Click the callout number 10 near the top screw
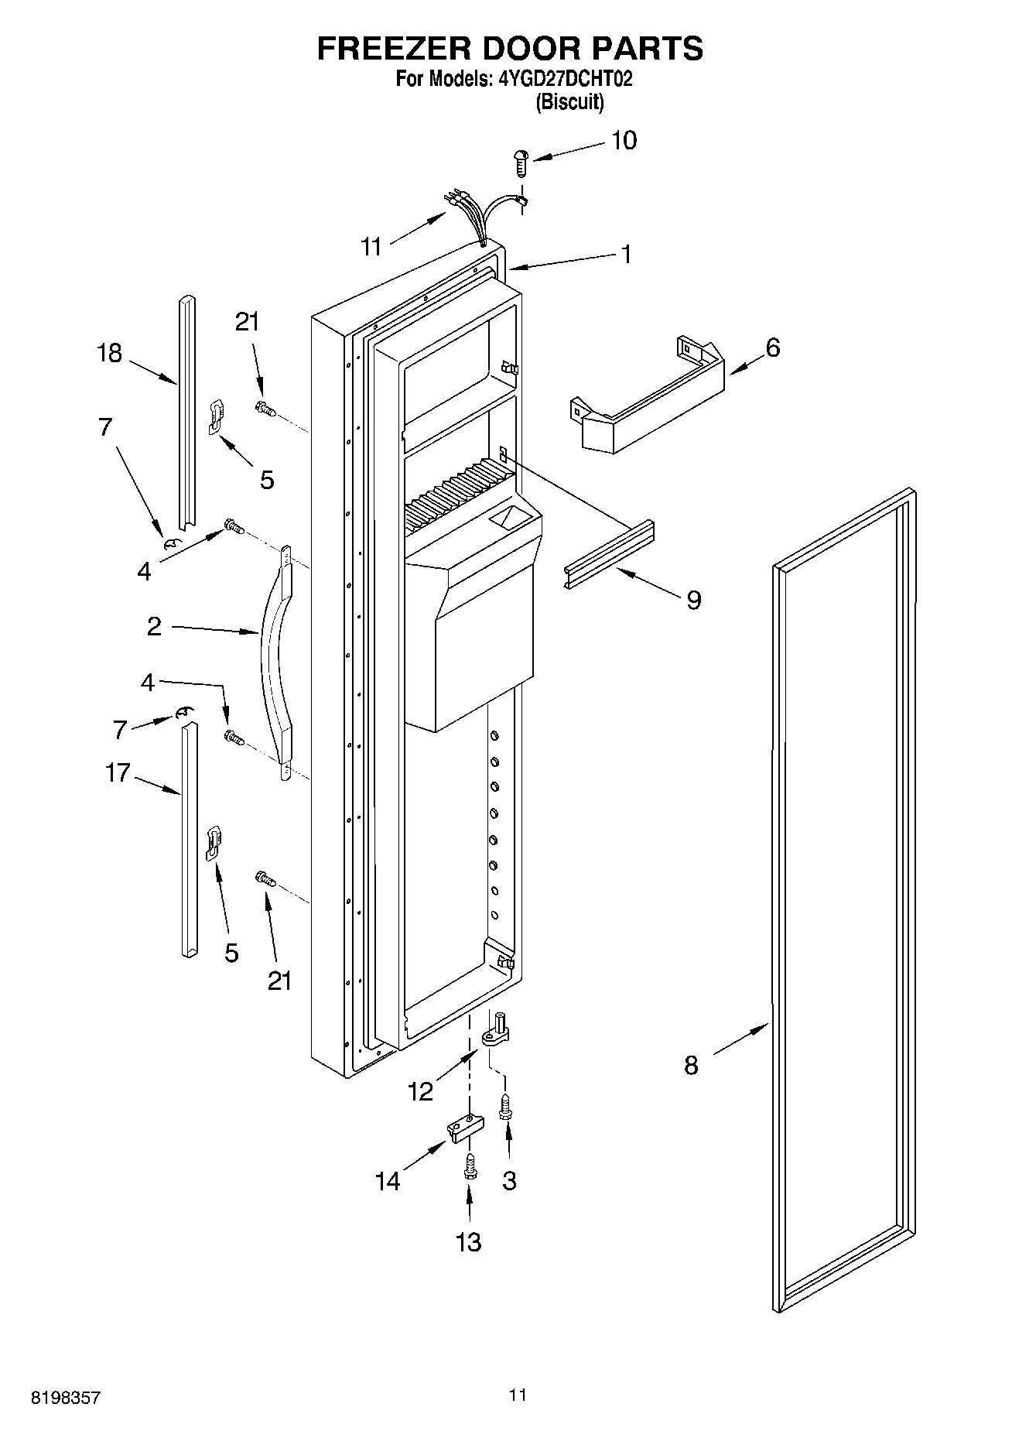click(x=624, y=141)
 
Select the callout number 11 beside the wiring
click(x=372, y=247)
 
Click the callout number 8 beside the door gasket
click(x=691, y=1066)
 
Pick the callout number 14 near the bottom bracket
click(x=388, y=1182)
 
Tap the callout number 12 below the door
click(x=421, y=1091)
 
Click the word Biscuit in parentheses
click(x=570, y=102)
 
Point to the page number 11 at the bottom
click(x=518, y=1395)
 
